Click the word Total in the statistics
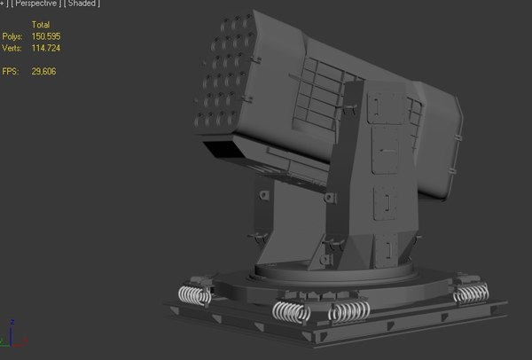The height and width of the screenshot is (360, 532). tap(41, 24)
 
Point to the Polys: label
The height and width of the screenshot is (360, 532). tap(13, 36)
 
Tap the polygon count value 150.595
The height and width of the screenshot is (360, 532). tap(45, 36)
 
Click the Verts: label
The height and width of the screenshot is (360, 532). tap(13, 48)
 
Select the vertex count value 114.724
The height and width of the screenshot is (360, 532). tap(45, 48)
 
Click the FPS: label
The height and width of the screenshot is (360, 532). tap(11, 71)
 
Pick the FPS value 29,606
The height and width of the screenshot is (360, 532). tap(43, 71)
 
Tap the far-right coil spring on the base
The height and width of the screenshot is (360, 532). tap(471, 294)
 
